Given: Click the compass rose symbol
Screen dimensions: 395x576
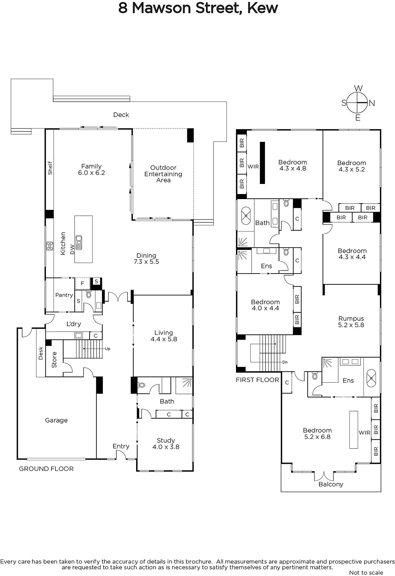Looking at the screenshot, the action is tap(358, 103).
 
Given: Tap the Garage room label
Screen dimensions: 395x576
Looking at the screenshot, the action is tap(56, 420).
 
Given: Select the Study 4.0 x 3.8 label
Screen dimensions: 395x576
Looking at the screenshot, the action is tap(166, 444).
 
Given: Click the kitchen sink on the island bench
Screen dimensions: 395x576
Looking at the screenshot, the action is tap(79, 242).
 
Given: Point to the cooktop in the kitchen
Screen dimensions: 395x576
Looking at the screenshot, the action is tap(50, 246).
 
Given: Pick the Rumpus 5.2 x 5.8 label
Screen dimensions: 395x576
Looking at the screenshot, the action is tap(351, 322).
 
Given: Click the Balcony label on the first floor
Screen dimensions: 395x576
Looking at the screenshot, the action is tap(331, 484).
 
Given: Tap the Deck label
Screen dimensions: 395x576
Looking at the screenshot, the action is tap(121, 115).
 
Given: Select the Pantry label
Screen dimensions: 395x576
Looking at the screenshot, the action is tap(64, 295).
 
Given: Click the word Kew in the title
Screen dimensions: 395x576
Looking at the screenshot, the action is tap(262, 8).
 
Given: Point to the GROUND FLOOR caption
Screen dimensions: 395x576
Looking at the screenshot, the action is tap(46, 469).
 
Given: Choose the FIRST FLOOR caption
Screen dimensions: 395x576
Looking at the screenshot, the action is tap(257, 380).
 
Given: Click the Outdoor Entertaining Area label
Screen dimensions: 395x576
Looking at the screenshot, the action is tap(163, 174).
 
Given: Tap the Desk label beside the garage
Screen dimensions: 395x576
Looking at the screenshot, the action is tap(41, 353).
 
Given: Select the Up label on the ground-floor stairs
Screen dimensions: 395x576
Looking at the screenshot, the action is tap(108, 349).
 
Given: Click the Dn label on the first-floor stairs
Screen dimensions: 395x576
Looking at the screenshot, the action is tap(285, 362).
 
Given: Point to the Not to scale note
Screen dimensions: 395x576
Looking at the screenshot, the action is tap(366, 573).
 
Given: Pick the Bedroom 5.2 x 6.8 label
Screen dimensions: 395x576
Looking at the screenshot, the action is tap(317, 433).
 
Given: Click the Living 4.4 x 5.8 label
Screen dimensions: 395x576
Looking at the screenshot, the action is tap(164, 336).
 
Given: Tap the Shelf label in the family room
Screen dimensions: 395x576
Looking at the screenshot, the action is tap(50, 168).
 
